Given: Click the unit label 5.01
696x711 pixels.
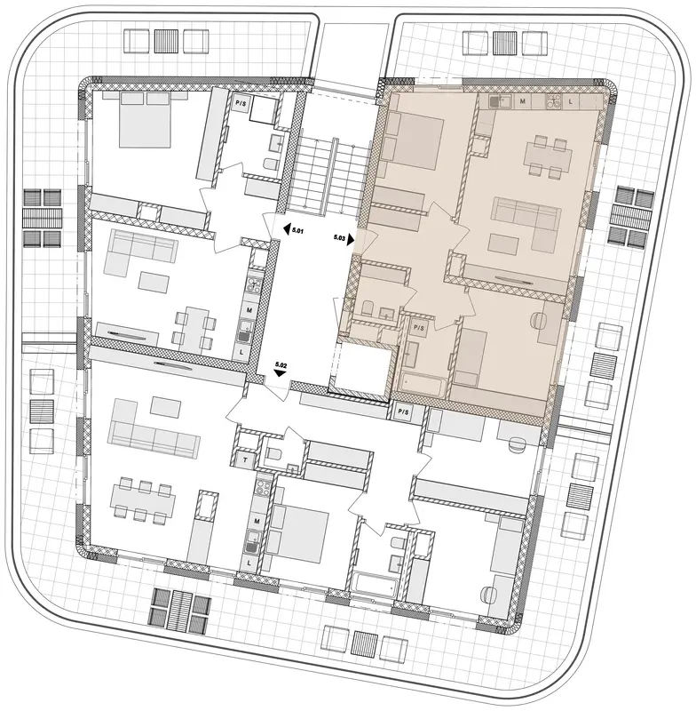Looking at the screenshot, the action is click(297, 231).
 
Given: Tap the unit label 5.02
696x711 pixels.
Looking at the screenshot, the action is click(281, 364).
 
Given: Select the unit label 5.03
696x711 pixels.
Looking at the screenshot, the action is click(339, 236).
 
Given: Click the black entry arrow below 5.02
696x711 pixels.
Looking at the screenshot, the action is click(281, 373).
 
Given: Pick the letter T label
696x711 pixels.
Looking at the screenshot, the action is click(245, 460).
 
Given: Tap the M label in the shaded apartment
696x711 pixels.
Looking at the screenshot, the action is click(523, 101).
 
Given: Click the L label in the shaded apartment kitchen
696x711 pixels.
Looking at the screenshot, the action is click(571, 101).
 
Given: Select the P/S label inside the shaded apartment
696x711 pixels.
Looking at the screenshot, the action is click(419, 327).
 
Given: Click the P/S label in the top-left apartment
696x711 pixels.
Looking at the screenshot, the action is click(240, 102).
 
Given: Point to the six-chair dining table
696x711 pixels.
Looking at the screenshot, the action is click(143, 502).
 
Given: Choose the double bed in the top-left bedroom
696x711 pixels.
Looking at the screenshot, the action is click(145, 119).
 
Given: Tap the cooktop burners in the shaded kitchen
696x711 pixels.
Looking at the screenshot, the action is click(553, 101).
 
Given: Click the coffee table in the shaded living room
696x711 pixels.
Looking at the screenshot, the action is click(503, 244).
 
